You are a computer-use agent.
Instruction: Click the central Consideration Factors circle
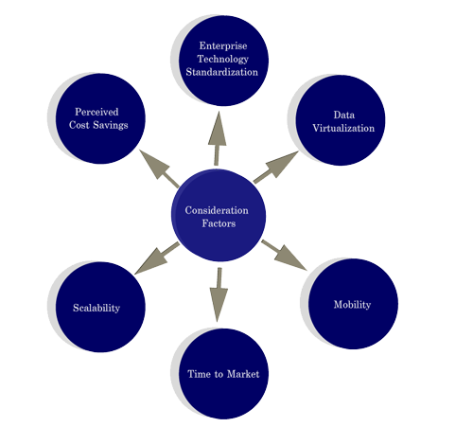[x=219, y=215]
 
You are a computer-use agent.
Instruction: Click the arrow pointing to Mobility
[x=284, y=255]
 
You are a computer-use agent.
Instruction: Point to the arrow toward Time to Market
[x=219, y=294]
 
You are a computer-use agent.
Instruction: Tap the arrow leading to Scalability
[x=157, y=258]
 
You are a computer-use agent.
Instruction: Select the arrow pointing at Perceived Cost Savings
[x=159, y=169]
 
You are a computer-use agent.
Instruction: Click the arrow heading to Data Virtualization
[x=276, y=167]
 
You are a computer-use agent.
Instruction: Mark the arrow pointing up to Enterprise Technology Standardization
[x=217, y=138]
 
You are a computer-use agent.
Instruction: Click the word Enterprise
[x=223, y=45]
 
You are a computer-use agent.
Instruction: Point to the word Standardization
[x=222, y=72]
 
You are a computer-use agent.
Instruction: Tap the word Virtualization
[x=343, y=128]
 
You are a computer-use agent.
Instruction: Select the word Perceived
[x=96, y=112]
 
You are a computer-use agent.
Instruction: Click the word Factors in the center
[x=219, y=223]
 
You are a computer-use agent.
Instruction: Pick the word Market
[x=243, y=374]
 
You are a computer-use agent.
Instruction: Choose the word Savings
[x=111, y=125]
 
